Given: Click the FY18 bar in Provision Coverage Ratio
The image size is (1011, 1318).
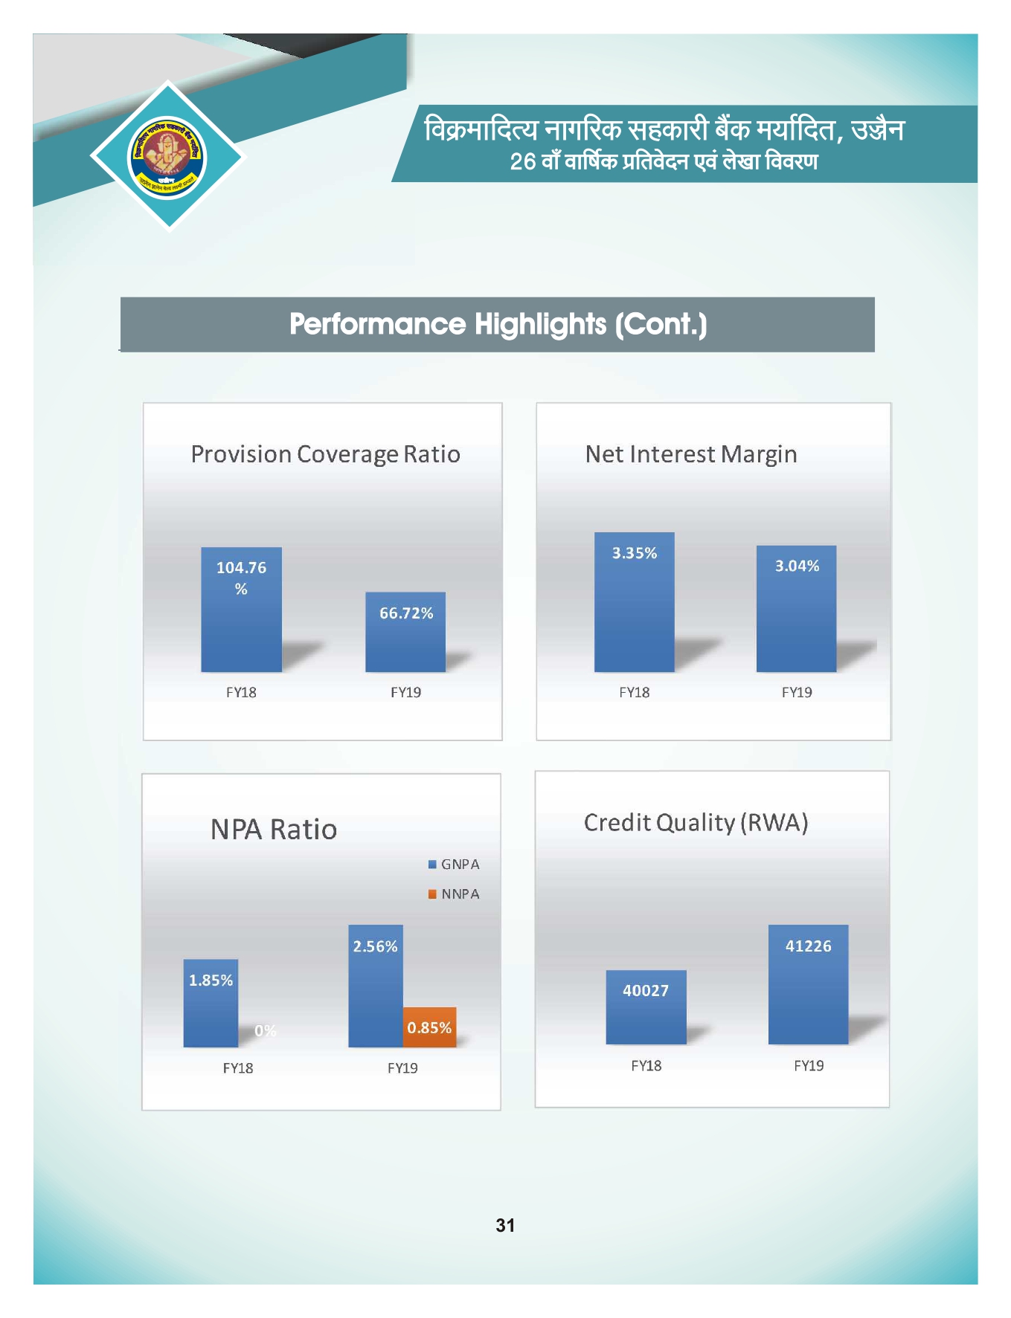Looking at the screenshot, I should [241, 610].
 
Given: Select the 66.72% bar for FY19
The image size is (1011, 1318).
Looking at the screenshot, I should [405, 632].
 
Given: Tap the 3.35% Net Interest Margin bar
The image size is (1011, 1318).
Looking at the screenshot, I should [634, 602].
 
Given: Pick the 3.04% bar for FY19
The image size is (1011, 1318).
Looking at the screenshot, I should [796, 609].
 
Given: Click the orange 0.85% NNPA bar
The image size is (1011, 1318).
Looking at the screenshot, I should [429, 1027].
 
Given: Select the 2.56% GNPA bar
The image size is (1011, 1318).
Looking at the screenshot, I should [376, 986].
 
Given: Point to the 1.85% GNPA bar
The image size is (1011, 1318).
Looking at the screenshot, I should [211, 1003].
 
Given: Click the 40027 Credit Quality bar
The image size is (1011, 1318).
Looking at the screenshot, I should [646, 1007].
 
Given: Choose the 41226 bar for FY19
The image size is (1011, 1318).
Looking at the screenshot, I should [808, 984].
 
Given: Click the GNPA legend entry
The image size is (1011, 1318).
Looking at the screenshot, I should [454, 865].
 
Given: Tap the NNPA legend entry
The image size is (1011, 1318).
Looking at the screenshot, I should [454, 894].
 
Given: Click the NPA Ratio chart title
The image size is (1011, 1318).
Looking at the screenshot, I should [274, 830].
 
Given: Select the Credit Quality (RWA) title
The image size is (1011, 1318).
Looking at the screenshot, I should [696, 822].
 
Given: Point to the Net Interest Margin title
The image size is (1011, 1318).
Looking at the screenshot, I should [691, 454].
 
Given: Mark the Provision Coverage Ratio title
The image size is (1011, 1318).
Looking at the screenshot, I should [325, 454].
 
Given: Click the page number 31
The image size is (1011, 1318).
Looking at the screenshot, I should [505, 1225].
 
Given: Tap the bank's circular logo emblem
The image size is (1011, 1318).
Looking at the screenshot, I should [167, 157].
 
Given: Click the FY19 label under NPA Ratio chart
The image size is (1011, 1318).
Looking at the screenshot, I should [402, 1068].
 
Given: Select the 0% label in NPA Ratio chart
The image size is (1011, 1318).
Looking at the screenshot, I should [265, 1030].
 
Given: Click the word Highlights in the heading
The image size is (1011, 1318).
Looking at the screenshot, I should [541, 324].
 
